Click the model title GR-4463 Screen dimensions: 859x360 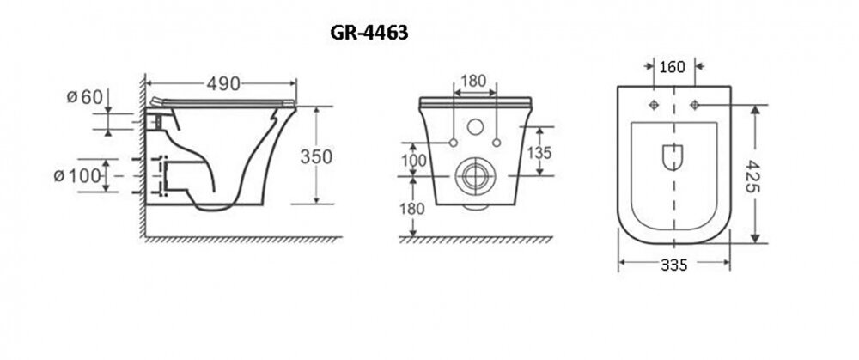(369, 34)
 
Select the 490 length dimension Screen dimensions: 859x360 (223, 84)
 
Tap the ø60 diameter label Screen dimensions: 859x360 (85, 98)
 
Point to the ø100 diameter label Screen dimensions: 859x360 (78, 176)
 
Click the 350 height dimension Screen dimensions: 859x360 (316, 156)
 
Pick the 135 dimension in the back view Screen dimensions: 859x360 (539, 152)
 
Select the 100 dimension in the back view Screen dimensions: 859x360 (414, 161)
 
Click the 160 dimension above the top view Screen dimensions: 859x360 (673, 67)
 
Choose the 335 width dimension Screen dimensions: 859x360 (673, 265)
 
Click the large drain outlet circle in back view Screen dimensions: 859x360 (476, 176)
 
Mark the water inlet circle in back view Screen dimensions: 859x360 (475, 127)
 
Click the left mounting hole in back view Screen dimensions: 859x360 (453, 143)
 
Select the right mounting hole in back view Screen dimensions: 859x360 (497, 143)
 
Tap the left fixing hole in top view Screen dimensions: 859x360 (654, 105)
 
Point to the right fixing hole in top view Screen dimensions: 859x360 (695, 105)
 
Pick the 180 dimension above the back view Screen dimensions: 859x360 (474, 81)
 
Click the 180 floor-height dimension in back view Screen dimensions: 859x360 (412, 209)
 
